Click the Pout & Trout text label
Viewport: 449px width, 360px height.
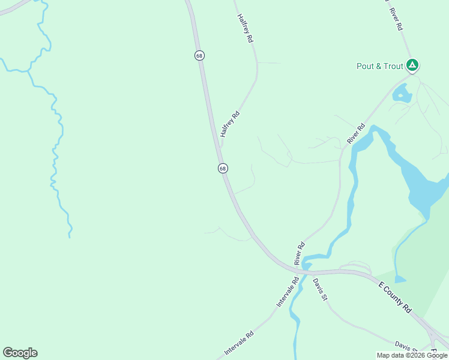379,66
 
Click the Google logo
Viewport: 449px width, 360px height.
20,353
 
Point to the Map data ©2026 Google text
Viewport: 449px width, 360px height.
412,355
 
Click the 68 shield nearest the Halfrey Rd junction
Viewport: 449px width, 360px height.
223,169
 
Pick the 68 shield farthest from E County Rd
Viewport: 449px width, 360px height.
199,55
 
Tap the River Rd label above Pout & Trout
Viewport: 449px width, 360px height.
395,20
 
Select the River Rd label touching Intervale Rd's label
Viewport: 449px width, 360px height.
300,253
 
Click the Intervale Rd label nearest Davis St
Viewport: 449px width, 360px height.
288,292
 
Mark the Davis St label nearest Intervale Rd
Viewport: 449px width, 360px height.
320,290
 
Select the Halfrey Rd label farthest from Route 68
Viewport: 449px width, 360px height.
246,28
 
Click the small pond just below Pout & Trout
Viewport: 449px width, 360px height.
401,94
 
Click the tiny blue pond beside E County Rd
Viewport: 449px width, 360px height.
400,279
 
